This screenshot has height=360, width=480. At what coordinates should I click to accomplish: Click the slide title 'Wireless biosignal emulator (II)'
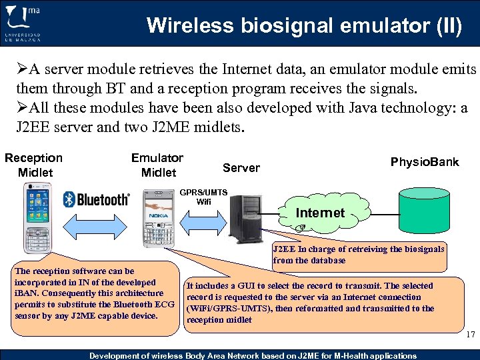point(303,26)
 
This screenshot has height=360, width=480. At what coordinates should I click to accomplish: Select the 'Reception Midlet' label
point(34,165)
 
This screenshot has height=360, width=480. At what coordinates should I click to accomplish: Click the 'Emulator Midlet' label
point(158,165)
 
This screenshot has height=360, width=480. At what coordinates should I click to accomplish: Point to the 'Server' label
point(241,167)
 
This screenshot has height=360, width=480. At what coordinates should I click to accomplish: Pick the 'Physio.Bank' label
point(425,162)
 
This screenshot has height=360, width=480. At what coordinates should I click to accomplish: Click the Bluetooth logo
point(97,199)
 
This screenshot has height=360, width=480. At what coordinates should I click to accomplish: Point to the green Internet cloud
point(321,213)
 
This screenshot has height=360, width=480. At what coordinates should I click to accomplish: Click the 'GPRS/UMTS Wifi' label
point(204,197)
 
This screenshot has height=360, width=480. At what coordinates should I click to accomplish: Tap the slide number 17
point(471,335)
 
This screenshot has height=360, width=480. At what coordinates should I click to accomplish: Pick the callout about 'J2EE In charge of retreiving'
point(359,255)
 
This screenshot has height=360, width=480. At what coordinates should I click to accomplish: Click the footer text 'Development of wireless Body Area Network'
point(253,355)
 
